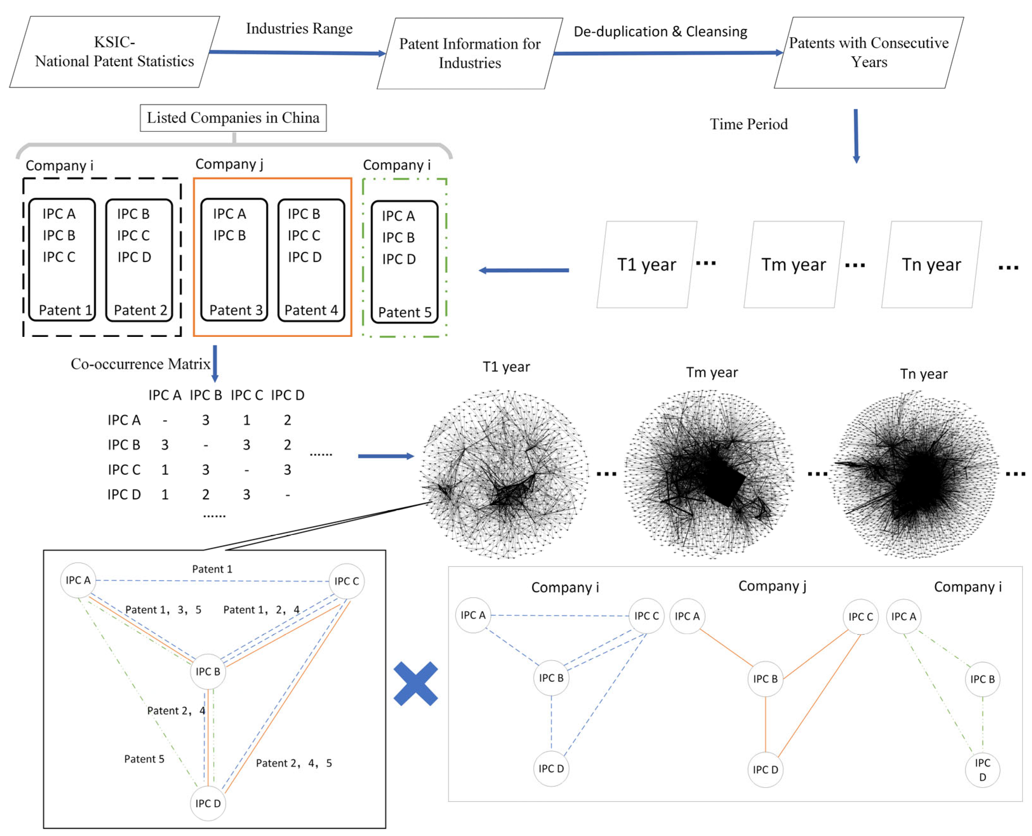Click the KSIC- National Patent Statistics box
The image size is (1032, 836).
pos(115,52)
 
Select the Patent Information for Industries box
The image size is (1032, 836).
pos(469,53)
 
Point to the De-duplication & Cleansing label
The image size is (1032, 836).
pos(660,32)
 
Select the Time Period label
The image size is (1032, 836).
pos(749,124)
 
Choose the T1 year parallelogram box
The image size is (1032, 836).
pos(646,264)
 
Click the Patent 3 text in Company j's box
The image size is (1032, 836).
pos(236,310)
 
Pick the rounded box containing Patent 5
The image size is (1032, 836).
pos(404,262)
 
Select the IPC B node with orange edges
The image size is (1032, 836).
pos(765,679)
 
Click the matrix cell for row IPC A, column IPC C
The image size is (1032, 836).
pos(247,420)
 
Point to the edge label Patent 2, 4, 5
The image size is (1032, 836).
pos(294,763)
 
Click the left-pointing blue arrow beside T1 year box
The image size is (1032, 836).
pos(524,270)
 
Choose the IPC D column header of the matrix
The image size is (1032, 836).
pos(288,395)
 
